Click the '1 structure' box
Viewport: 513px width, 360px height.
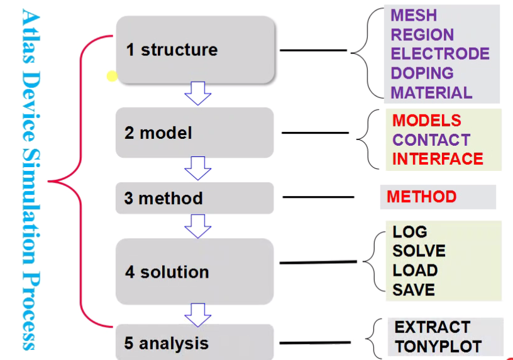pyautogui.click(x=196, y=50)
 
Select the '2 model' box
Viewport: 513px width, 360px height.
pyautogui.click(x=194, y=133)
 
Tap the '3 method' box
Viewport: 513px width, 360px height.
pyautogui.click(x=194, y=199)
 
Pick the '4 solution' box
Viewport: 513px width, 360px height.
pyautogui.click(x=194, y=271)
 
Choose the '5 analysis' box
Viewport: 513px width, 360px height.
pyautogui.click(x=194, y=343)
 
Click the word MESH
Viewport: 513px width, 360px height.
pyautogui.click(x=414, y=16)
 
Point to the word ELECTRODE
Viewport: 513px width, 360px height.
pyautogui.click(x=440, y=54)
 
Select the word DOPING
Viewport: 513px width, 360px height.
pyautogui.click(x=422, y=74)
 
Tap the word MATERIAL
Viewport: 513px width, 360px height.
pyautogui.click(x=431, y=93)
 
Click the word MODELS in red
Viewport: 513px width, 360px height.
pyautogui.click(x=426, y=121)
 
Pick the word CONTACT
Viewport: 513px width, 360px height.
pyautogui.click(x=431, y=140)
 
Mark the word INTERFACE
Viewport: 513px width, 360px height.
pyautogui.click(x=438, y=159)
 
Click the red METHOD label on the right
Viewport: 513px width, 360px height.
pyautogui.click(x=421, y=197)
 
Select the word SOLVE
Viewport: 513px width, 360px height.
pyautogui.click(x=419, y=251)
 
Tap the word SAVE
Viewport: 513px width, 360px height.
pyautogui.click(x=413, y=290)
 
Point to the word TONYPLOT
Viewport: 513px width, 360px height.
pyautogui.click(x=438, y=346)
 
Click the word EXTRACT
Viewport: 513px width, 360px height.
pyautogui.click(x=432, y=327)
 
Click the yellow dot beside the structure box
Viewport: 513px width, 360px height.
pyautogui.click(x=112, y=77)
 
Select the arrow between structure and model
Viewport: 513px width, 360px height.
pyautogui.click(x=197, y=93)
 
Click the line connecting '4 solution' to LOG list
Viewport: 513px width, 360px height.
pyautogui.click(x=317, y=262)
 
